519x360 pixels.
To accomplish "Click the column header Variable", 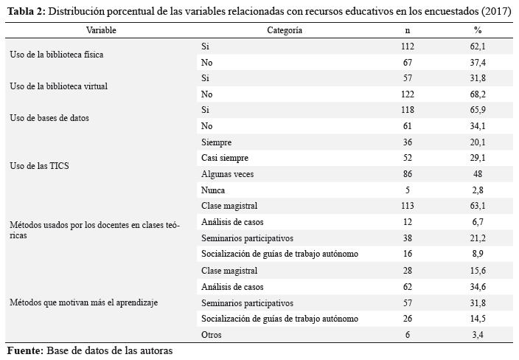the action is click(101, 30).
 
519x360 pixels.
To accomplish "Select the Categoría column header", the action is click(285, 30).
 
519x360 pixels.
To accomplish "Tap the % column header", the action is click(477, 30).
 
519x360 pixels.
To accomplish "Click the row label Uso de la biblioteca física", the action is click(57, 55).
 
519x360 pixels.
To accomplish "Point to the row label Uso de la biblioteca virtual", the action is click(58, 86).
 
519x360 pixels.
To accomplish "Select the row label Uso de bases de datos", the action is click(49, 118).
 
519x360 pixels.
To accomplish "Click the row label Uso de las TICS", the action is click(39, 165).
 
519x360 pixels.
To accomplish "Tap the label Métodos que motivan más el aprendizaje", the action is click(84, 302).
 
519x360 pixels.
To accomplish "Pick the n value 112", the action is click(408, 46).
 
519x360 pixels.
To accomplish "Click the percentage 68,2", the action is click(478, 94).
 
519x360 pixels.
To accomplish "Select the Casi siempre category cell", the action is click(225, 158).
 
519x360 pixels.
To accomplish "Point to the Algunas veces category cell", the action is click(227, 174).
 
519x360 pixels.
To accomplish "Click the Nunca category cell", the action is click(213, 190).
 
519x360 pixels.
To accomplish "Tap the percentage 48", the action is click(478, 174).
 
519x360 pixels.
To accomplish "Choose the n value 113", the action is click(408, 206).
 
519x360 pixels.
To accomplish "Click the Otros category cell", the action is click(211, 334).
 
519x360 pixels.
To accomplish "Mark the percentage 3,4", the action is click(478, 335).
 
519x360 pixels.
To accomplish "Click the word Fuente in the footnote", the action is click(25, 350).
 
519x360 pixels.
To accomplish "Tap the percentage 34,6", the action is click(478, 287).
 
